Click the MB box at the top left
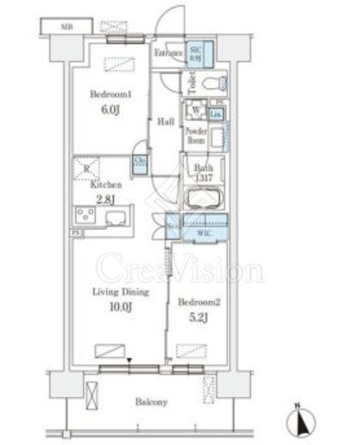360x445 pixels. [66, 27]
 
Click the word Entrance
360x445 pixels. [168, 54]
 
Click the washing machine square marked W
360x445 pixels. [197, 110]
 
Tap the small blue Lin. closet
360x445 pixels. [216, 113]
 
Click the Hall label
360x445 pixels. [166, 121]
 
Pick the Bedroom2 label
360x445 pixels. [199, 300]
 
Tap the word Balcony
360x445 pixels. [150, 401]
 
